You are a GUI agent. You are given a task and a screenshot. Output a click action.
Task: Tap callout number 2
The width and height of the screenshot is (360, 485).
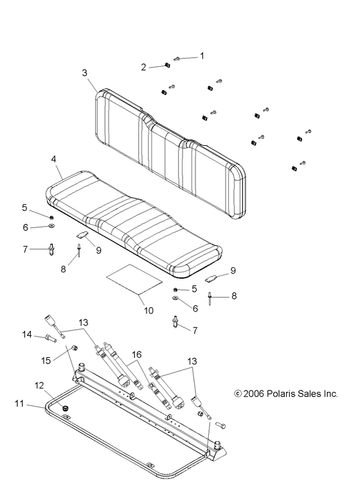[144, 66]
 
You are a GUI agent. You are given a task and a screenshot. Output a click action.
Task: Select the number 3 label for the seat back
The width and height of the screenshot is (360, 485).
[84, 73]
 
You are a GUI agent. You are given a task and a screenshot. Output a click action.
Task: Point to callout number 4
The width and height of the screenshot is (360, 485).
[53, 158]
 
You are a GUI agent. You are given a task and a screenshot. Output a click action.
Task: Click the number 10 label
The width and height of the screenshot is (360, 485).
[148, 310]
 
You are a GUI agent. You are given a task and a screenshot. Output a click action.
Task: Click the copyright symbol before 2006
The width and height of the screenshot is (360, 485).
[237, 394]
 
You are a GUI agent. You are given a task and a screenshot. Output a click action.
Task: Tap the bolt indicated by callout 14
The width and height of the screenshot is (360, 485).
[50, 337]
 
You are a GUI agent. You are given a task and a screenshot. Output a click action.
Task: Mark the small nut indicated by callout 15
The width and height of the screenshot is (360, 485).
[73, 348]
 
